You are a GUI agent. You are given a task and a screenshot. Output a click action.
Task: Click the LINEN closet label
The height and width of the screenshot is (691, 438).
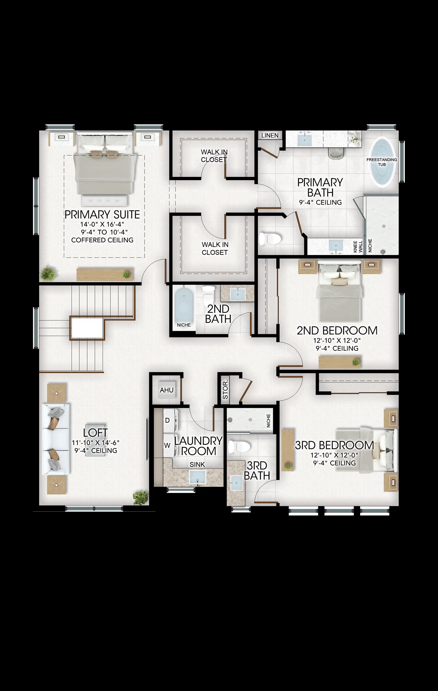[270, 135]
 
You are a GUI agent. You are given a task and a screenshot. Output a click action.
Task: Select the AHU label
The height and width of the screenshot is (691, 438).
[167, 390]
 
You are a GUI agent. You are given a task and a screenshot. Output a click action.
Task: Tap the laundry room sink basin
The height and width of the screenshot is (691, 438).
[198, 477]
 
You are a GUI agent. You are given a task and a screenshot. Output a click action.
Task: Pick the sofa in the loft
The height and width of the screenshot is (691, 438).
[56, 439]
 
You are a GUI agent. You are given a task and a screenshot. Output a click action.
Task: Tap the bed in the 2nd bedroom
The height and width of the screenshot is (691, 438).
[339, 291]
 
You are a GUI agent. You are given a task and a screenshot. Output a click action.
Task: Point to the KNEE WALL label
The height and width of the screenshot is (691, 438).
[358, 247]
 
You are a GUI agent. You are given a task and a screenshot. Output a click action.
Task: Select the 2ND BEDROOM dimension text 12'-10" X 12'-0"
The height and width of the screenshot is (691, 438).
[337, 340]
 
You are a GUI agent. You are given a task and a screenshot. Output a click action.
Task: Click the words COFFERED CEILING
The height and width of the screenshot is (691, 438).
[102, 240]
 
